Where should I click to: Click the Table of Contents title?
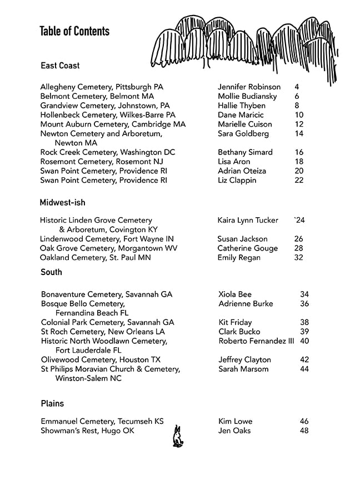[74, 31]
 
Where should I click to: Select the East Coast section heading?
[60, 66]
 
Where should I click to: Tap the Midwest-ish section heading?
[62, 203]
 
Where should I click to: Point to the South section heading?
[51, 272]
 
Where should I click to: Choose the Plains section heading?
[52, 403]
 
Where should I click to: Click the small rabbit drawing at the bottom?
[178, 437]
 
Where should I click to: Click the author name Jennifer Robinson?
[249, 87]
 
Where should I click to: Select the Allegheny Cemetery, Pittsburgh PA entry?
[102, 87]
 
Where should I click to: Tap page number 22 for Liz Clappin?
[299, 181]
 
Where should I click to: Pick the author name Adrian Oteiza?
[242, 171]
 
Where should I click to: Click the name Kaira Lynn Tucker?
[248, 221]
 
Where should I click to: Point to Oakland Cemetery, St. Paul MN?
[95, 258]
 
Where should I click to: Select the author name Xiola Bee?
[235, 294]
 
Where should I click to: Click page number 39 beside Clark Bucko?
[304, 332]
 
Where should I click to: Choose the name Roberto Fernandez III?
[256, 341]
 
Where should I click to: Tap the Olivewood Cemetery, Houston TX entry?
[101, 360]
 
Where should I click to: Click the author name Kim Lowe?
[236, 422]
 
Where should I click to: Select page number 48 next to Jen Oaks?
[304, 431]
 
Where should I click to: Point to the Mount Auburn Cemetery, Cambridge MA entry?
[113, 124]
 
